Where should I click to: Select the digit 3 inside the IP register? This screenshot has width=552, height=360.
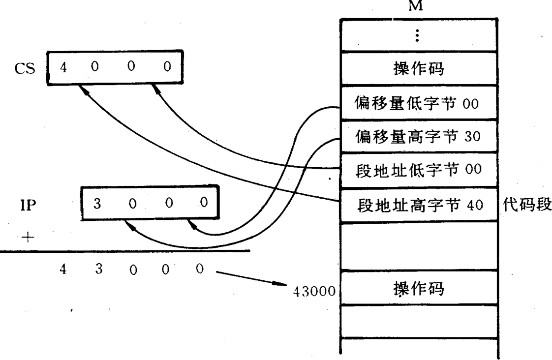point(97,203)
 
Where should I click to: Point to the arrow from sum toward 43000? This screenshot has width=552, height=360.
point(251,278)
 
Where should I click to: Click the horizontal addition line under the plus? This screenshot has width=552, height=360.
point(123,251)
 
